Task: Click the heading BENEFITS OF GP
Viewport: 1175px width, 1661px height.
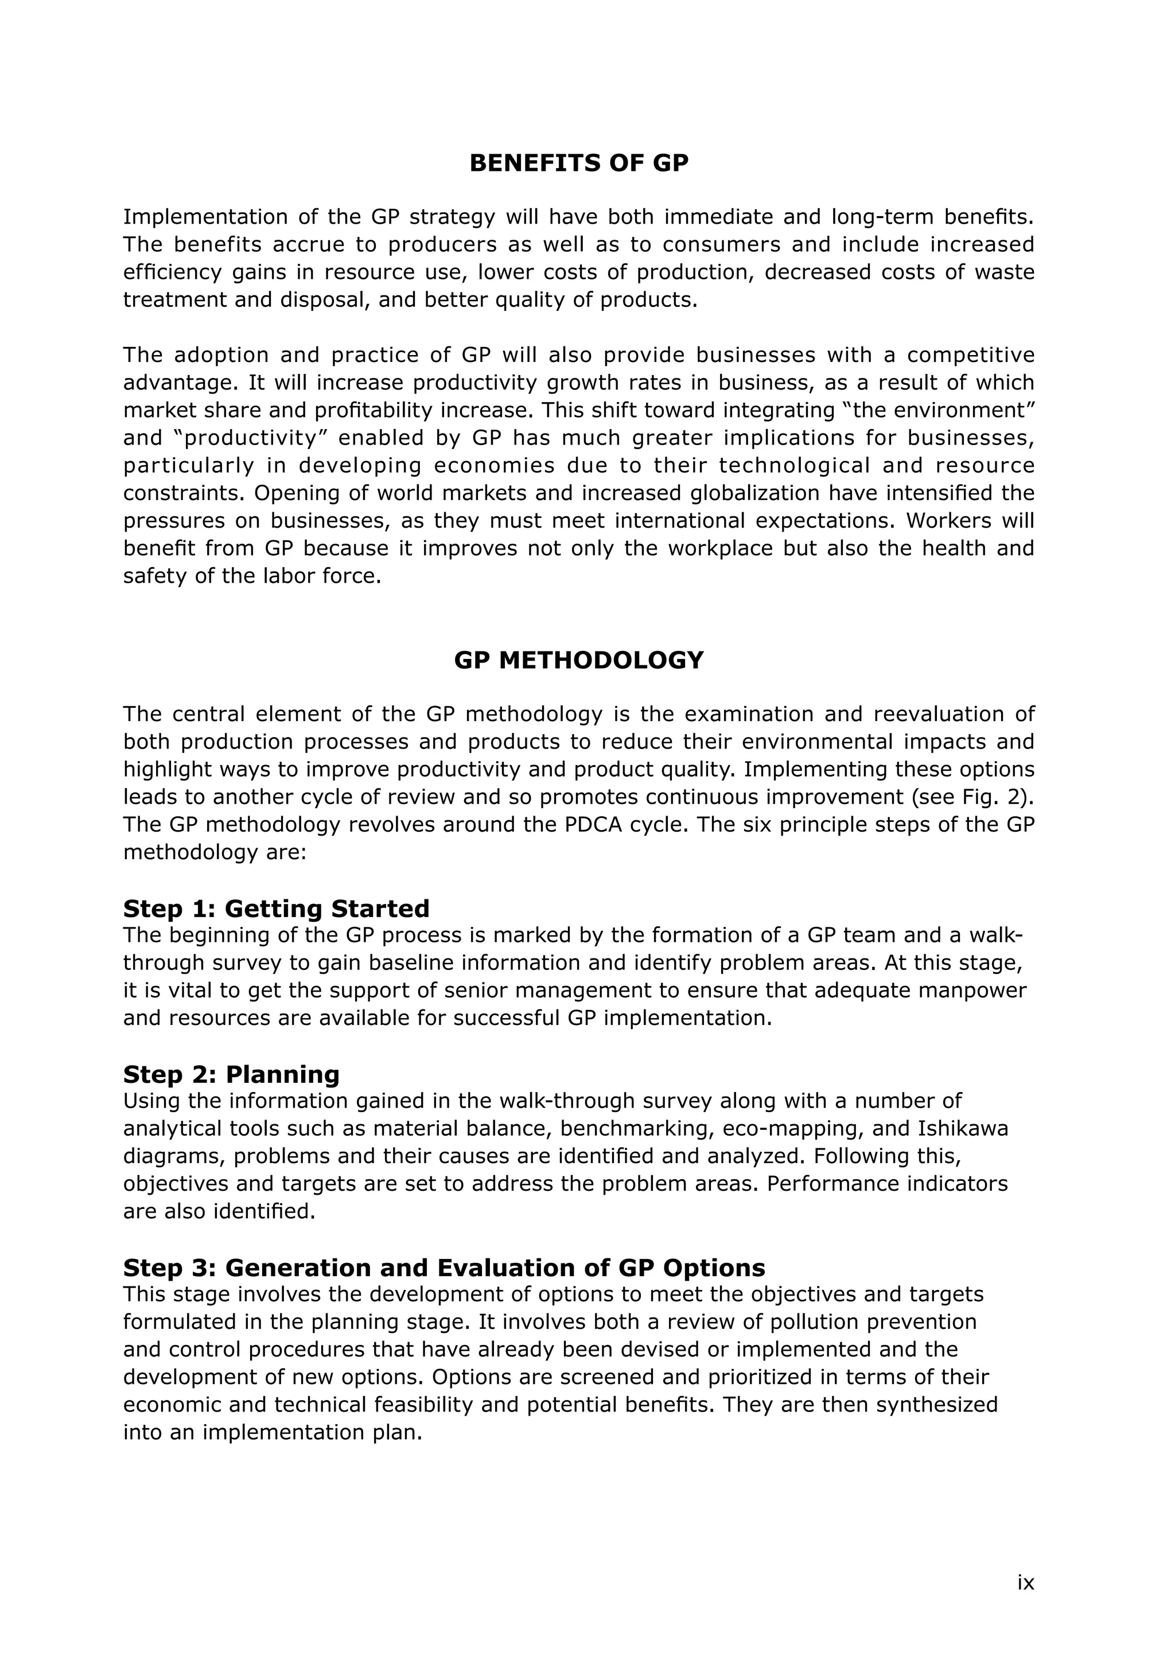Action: click(x=579, y=163)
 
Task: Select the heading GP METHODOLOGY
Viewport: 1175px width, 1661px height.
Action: click(x=579, y=661)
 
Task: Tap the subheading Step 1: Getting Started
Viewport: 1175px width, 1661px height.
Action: click(x=277, y=909)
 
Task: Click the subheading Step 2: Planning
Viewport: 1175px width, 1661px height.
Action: click(x=232, y=1074)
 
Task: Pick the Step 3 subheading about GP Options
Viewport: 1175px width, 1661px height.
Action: click(x=444, y=1268)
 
